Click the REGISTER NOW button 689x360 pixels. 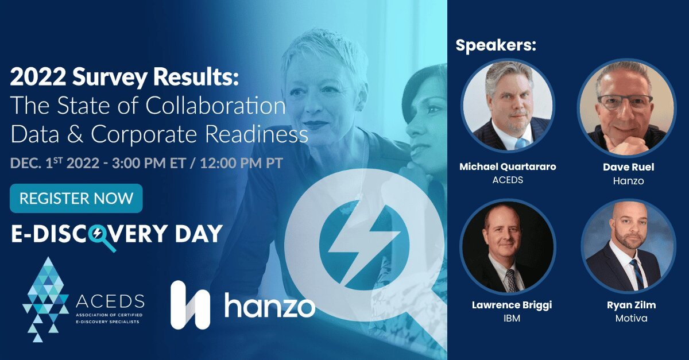pyautogui.click(x=76, y=198)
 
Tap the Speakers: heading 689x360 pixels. pyautogui.click(x=496, y=45)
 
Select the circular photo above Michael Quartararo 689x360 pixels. pyautogui.click(x=508, y=105)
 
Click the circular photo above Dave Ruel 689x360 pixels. pyautogui.click(x=626, y=106)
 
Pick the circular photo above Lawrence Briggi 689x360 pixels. pyautogui.click(x=508, y=246)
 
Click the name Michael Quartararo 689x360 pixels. pyautogui.click(x=508, y=167)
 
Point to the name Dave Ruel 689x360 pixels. pyautogui.click(x=628, y=167)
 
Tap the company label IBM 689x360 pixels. pyautogui.click(x=512, y=318)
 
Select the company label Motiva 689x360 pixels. pyautogui.click(x=631, y=318)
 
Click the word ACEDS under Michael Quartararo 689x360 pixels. pyautogui.click(x=508, y=180)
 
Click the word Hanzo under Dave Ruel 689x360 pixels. pyautogui.click(x=628, y=181)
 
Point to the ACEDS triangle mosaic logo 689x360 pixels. pyautogui.click(x=45, y=299)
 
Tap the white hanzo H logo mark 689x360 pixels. pyautogui.click(x=190, y=305)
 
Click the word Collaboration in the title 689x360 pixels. pyautogui.click(x=216, y=106)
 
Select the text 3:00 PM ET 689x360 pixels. pyautogui.click(x=149, y=163)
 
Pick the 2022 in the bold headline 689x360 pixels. pyautogui.click(x=38, y=77)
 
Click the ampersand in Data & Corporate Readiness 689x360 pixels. pyautogui.click(x=75, y=134)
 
